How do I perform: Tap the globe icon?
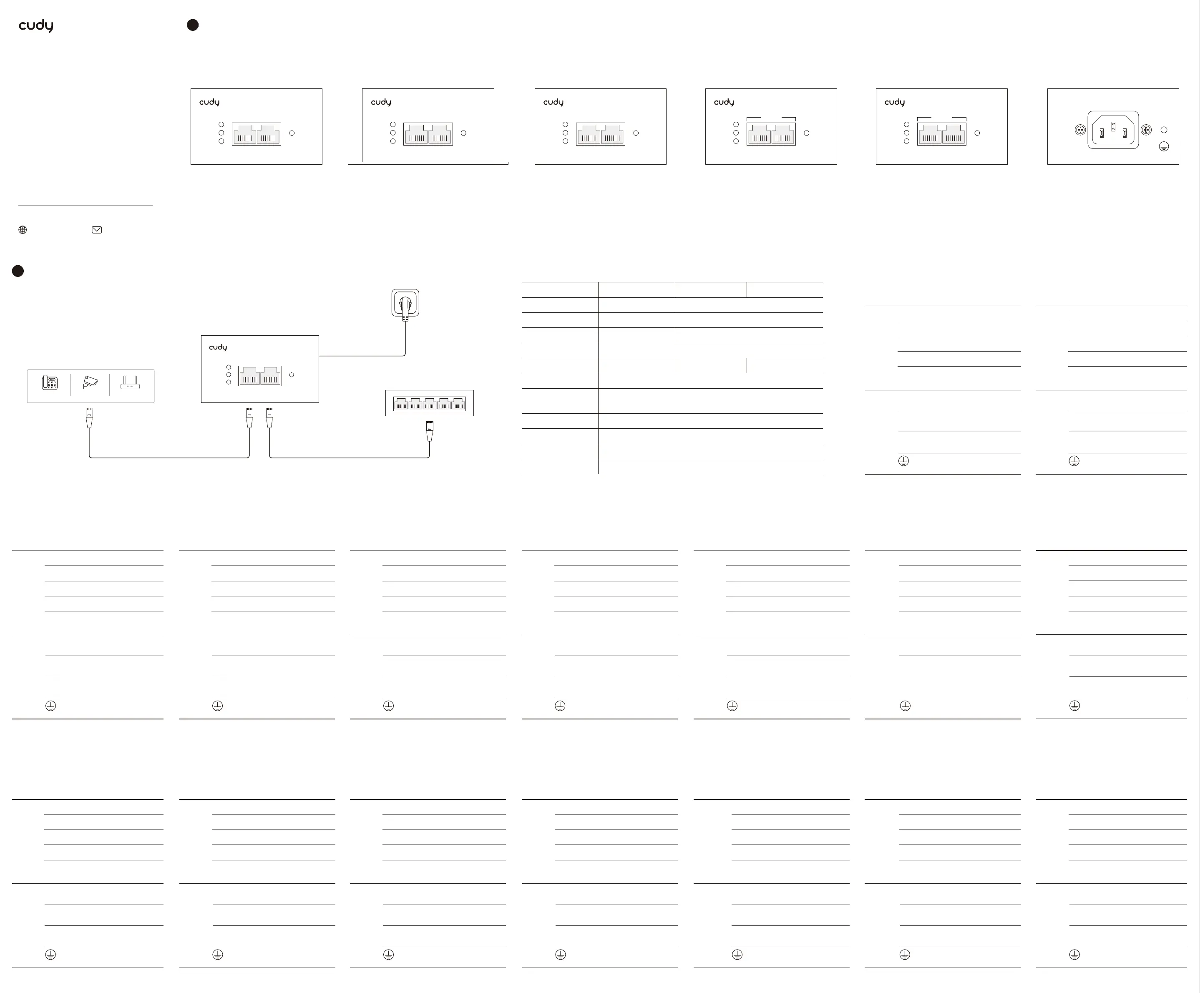pyautogui.click(x=23, y=230)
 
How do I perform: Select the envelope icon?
pyautogui.click(x=97, y=230)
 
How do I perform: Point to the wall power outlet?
pyautogui.click(x=405, y=302)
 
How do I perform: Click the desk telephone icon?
pyautogui.click(x=50, y=382)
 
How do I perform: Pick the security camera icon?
pyautogui.click(x=90, y=382)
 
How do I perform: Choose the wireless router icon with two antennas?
pyautogui.click(x=130, y=382)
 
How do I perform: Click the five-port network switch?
pyautogui.click(x=429, y=403)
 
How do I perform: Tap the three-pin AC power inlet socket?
pyautogui.click(x=1112, y=130)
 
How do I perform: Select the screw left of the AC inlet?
pyautogui.click(x=1080, y=130)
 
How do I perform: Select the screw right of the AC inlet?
pyautogui.click(x=1146, y=130)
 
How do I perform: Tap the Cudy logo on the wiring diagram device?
pyautogui.click(x=218, y=347)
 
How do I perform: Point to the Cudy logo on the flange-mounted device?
pyautogui.click(x=380, y=102)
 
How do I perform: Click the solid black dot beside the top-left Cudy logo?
pyautogui.click(x=193, y=25)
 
